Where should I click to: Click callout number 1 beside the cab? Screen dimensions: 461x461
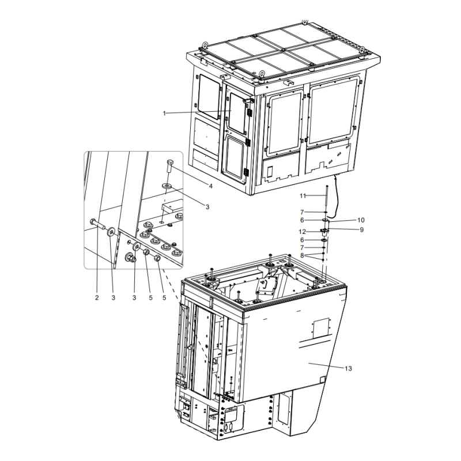tap(164, 114)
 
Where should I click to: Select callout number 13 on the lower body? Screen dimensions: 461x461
tap(347, 368)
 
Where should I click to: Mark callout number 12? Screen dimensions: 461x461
tap(311, 232)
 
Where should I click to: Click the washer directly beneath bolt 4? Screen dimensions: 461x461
tap(166, 186)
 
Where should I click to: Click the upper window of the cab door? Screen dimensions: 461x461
tap(236, 112)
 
